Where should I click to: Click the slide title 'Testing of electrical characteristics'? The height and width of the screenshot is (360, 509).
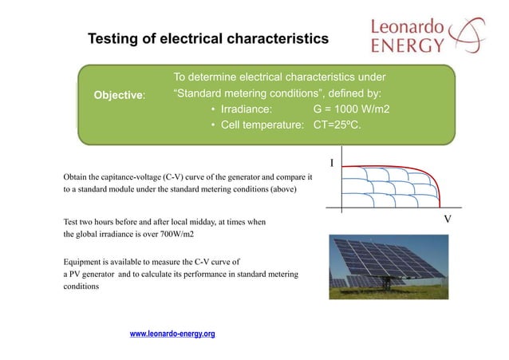[x=207, y=38]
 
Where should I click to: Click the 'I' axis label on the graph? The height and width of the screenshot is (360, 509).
[x=333, y=164]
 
